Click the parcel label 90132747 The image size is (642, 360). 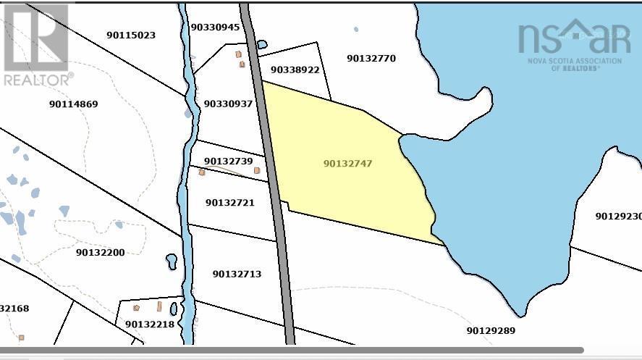347,164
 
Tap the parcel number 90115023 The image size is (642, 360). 131,35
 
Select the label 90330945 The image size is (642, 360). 215,27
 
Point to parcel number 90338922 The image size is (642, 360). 295,70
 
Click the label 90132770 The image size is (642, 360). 371,59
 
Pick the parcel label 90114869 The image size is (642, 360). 73,104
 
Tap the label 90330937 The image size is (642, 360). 228,104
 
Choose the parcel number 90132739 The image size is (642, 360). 228,161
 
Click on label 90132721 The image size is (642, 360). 229,203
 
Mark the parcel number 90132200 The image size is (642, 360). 100,253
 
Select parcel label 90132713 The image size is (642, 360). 237,275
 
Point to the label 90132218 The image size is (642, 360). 150,325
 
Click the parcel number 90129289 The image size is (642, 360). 491,331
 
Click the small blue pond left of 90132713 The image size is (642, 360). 172,261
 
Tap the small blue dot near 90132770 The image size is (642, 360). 355,30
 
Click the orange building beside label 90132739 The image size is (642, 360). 257,170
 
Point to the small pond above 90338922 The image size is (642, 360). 262,45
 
